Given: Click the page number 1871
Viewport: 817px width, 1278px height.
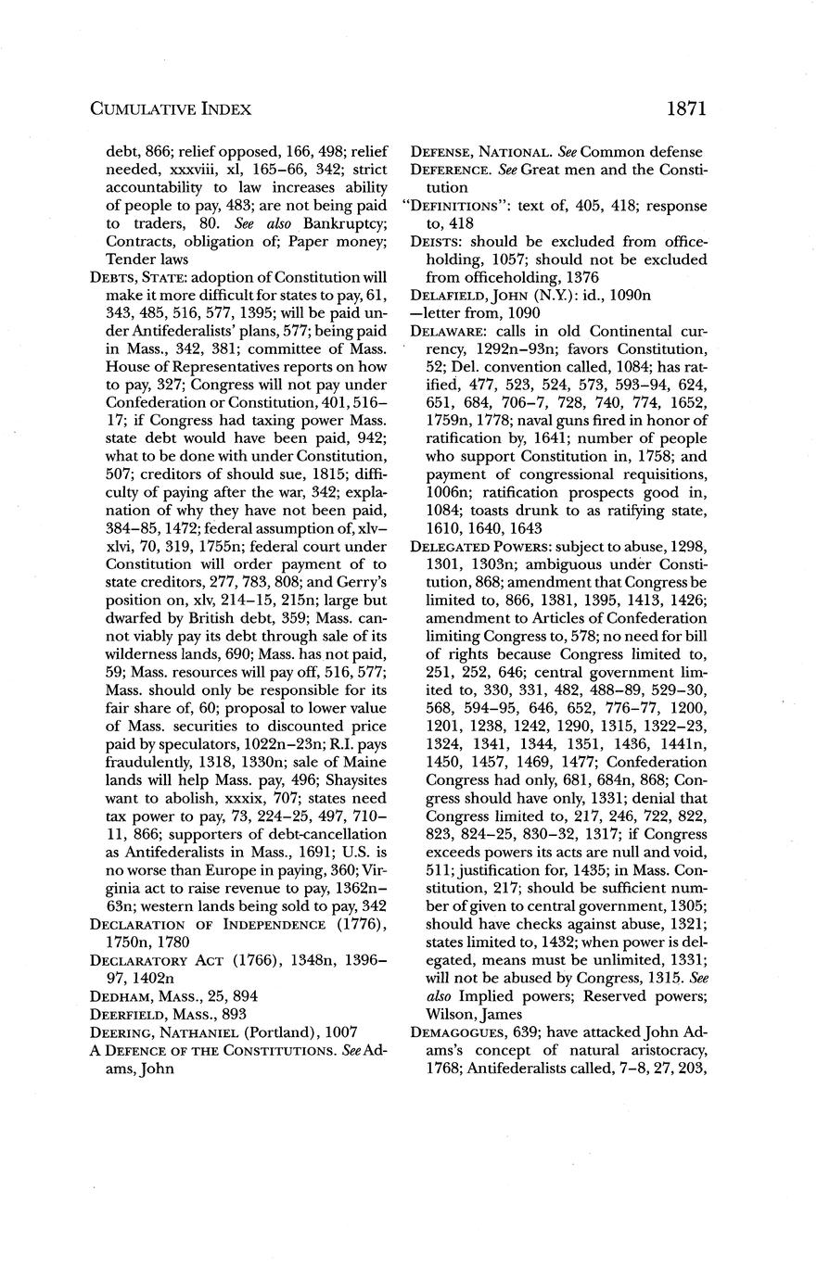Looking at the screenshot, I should [686, 108].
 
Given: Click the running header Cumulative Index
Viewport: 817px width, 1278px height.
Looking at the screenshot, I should [171, 109].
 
